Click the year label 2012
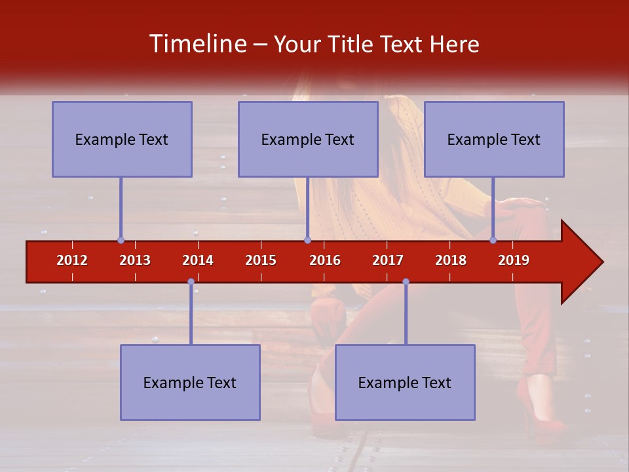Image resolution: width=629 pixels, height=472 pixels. (72, 260)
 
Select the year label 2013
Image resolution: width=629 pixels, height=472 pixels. (135, 260)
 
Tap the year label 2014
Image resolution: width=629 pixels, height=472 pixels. (198, 260)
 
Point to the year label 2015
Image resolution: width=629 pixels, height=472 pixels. (261, 260)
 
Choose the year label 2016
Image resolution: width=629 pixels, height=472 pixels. (325, 260)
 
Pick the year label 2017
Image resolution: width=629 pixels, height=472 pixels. (388, 260)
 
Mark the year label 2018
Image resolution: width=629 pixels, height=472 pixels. (451, 260)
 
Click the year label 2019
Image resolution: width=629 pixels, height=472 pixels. (514, 260)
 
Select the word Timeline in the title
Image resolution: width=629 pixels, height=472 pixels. (197, 44)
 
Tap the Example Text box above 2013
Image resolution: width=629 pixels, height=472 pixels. (122, 139)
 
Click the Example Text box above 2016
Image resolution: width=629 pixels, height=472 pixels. (308, 139)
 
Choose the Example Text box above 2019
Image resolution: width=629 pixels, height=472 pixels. (494, 139)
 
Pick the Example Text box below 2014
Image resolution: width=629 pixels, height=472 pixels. (190, 382)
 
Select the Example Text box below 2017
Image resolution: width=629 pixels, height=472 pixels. (405, 382)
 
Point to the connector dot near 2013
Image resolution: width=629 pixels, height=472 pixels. (121, 240)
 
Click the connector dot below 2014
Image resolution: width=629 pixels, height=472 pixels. (191, 281)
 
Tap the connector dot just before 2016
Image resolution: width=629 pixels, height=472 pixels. (307, 240)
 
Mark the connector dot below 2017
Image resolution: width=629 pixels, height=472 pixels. (406, 281)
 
